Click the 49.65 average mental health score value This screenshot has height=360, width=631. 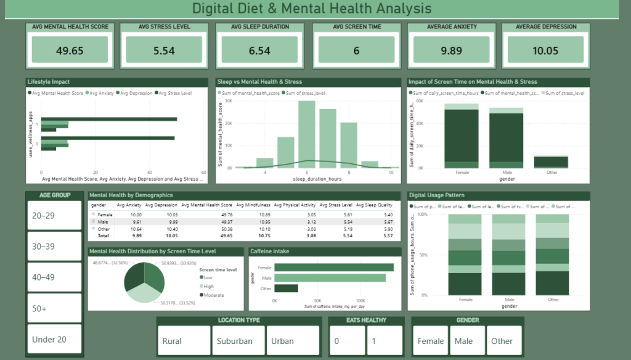70,51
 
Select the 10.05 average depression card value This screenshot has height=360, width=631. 545,51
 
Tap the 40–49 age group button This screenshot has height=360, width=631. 55,277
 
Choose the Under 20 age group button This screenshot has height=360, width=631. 55,339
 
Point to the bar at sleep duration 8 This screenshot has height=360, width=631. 349,145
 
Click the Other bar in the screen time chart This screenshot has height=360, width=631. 551,162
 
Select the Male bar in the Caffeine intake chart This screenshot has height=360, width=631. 330,278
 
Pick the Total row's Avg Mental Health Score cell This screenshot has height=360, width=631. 211,235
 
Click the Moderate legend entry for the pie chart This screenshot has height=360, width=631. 213,295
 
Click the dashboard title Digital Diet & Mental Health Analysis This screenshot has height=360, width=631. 312,9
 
